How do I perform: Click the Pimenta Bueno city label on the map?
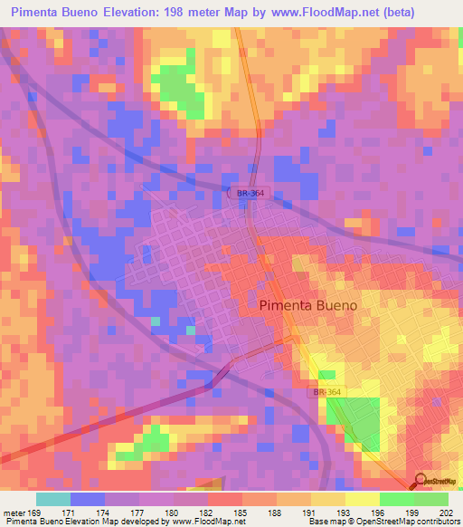(307, 305)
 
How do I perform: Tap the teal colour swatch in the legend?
(53, 499)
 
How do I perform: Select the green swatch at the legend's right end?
(430, 499)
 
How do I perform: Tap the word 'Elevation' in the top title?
(137, 12)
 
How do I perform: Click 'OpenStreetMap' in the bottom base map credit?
(395, 522)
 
